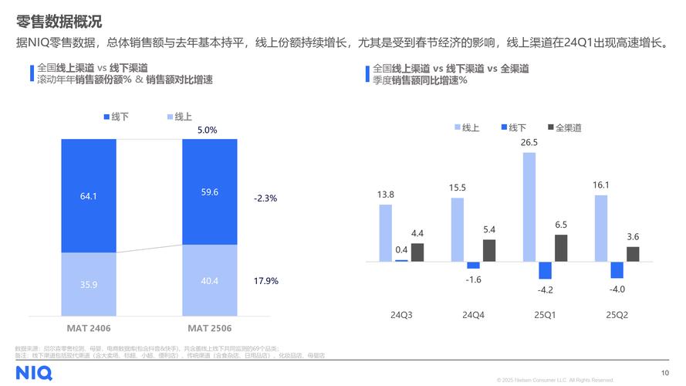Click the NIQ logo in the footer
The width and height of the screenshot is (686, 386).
[x=33, y=373]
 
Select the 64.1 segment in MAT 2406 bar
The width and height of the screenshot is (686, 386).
[x=89, y=196]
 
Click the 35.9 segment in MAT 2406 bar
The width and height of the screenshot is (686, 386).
[x=89, y=284]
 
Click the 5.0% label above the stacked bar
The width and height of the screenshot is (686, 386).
[x=207, y=130]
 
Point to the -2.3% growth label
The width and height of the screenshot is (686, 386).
[x=265, y=198]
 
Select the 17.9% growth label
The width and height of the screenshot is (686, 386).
[x=265, y=281]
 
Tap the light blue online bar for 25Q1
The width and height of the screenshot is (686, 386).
[x=529, y=207]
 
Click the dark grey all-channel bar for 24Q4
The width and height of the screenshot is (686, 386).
[x=489, y=251]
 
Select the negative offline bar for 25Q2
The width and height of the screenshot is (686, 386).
[x=617, y=270]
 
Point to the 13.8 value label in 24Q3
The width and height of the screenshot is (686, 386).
[x=385, y=195]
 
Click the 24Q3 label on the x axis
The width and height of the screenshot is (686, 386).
[x=400, y=314]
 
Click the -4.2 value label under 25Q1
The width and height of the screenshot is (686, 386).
[x=546, y=289]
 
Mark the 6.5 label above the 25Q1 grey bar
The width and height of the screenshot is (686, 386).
[x=561, y=225]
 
